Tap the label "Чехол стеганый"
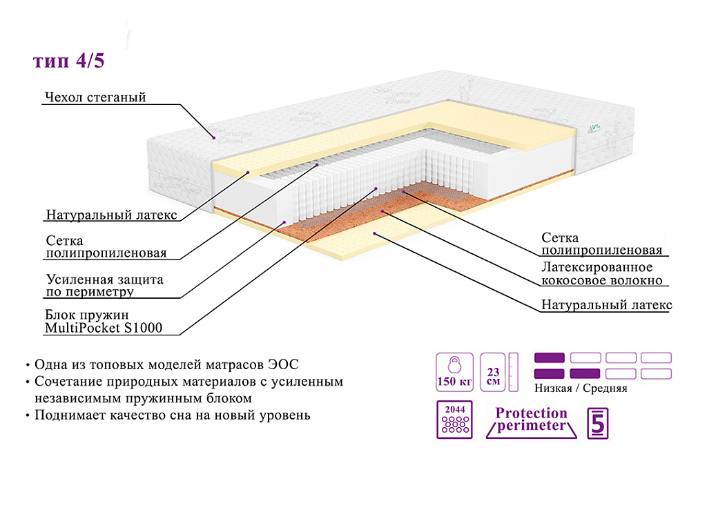[x=95, y=97]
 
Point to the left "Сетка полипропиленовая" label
[x=106, y=247]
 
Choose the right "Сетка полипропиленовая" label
[x=601, y=244]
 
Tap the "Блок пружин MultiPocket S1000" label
[x=104, y=322]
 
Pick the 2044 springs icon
[x=454, y=420]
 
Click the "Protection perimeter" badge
[x=532, y=420]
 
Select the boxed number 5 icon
[x=597, y=424]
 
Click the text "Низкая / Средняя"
[x=581, y=389]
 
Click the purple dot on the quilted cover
[x=213, y=138]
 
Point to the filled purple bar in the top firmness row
[x=550, y=357]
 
